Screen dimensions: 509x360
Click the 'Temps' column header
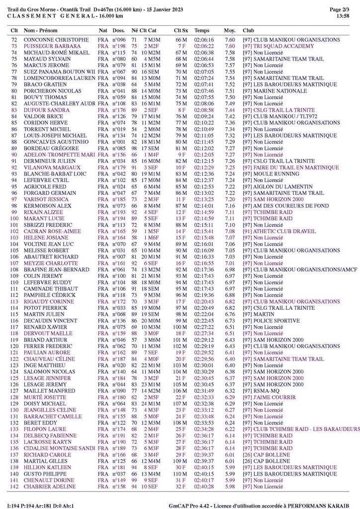[201, 30]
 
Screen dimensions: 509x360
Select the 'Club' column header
[248, 30]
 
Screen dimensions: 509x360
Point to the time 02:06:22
[204, 46]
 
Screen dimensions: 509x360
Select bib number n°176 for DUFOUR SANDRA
[118, 110]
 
